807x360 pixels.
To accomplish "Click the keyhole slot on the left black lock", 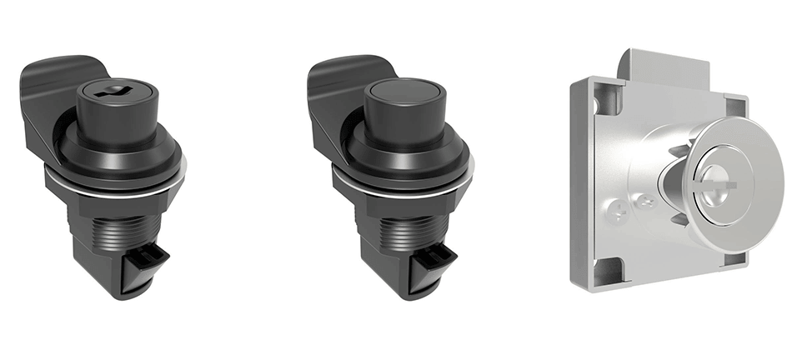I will [108, 93].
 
